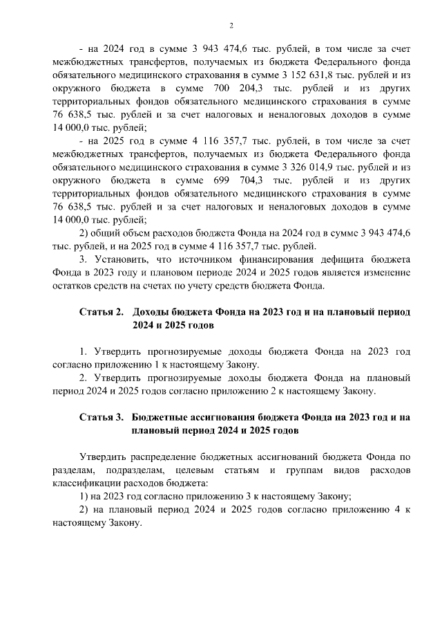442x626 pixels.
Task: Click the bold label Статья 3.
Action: click(101, 417)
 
